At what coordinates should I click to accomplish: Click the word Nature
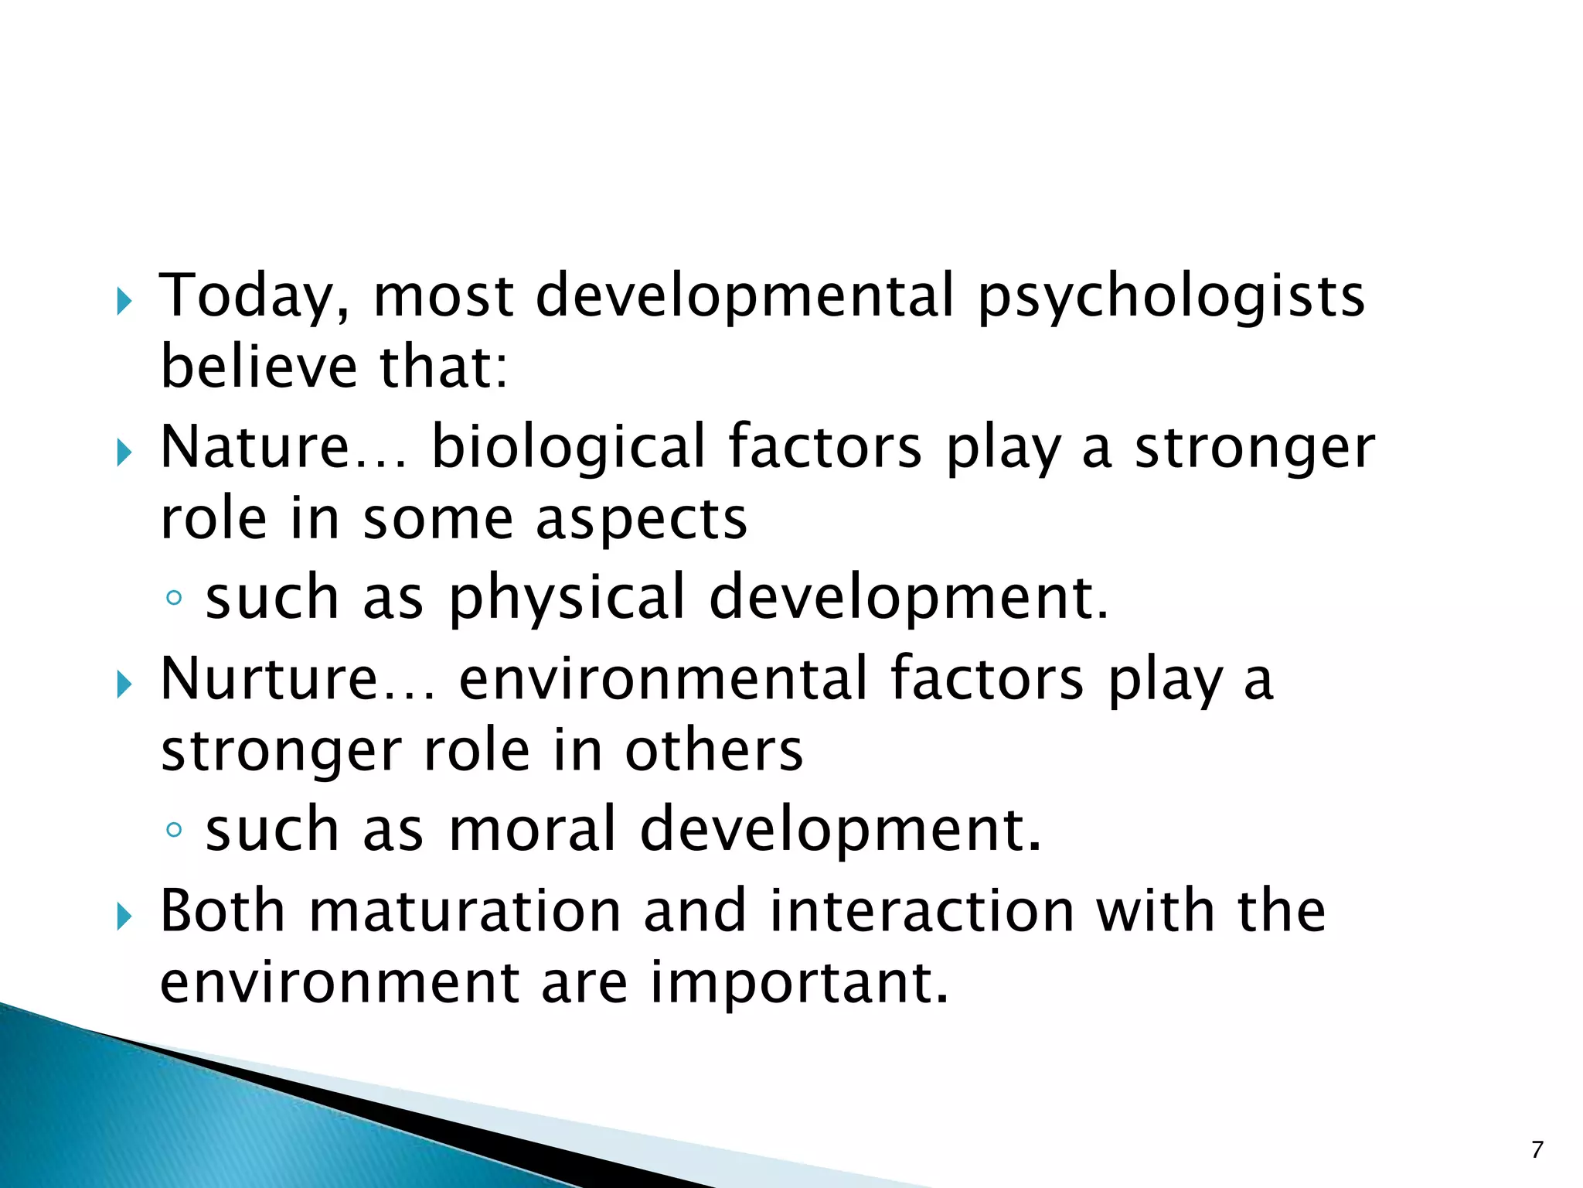tap(255, 448)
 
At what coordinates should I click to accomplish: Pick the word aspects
tap(642, 520)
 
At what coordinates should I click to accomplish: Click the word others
tap(713, 751)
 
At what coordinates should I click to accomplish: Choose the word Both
tap(223, 911)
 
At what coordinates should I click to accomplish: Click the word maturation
tap(465, 911)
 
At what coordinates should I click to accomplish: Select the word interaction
tap(921, 911)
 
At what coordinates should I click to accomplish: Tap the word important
tap(798, 983)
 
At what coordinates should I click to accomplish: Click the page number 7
tap(1537, 1150)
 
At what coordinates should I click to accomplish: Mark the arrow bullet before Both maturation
tap(124, 917)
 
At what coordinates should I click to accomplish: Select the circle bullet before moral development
tap(175, 830)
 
